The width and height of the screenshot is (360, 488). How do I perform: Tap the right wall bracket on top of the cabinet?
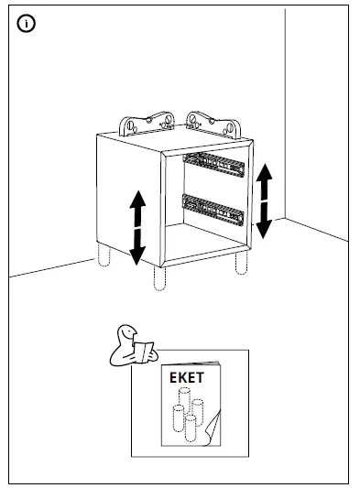(x=208, y=123)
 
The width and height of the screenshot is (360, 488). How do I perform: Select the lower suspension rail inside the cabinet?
(x=213, y=208)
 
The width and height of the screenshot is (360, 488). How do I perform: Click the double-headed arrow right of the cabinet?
(x=264, y=199)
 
